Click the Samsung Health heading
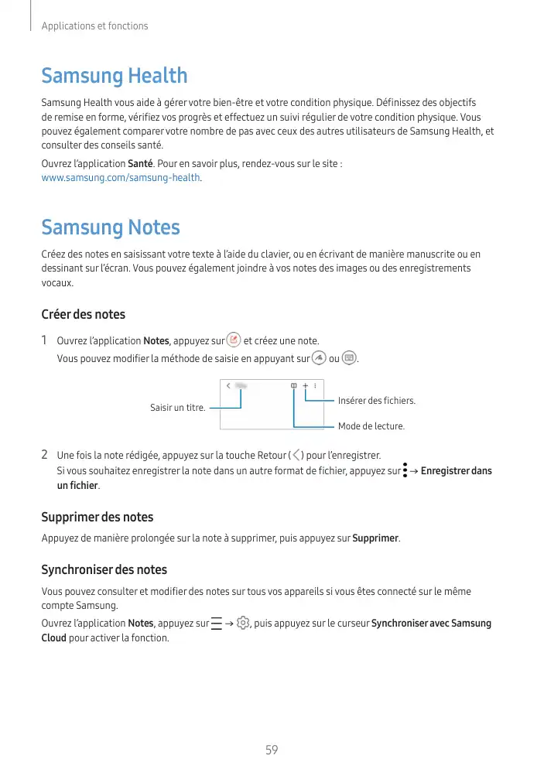(114, 76)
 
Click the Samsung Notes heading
(110, 227)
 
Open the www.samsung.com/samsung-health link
(121, 178)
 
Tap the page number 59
(272, 750)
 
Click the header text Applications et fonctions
(94, 26)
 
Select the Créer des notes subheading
(83, 314)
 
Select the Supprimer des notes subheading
(97, 517)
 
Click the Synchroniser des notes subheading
(104, 569)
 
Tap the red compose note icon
(234, 340)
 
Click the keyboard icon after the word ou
(349, 358)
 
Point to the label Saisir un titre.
(177, 408)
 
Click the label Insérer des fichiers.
(377, 400)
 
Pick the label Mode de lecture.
(371, 426)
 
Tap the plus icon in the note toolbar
(305, 385)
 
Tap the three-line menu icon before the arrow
(216, 624)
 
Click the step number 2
(45, 454)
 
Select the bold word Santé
(140, 164)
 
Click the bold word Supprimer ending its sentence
(375, 538)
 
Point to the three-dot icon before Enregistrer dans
(405, 470)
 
